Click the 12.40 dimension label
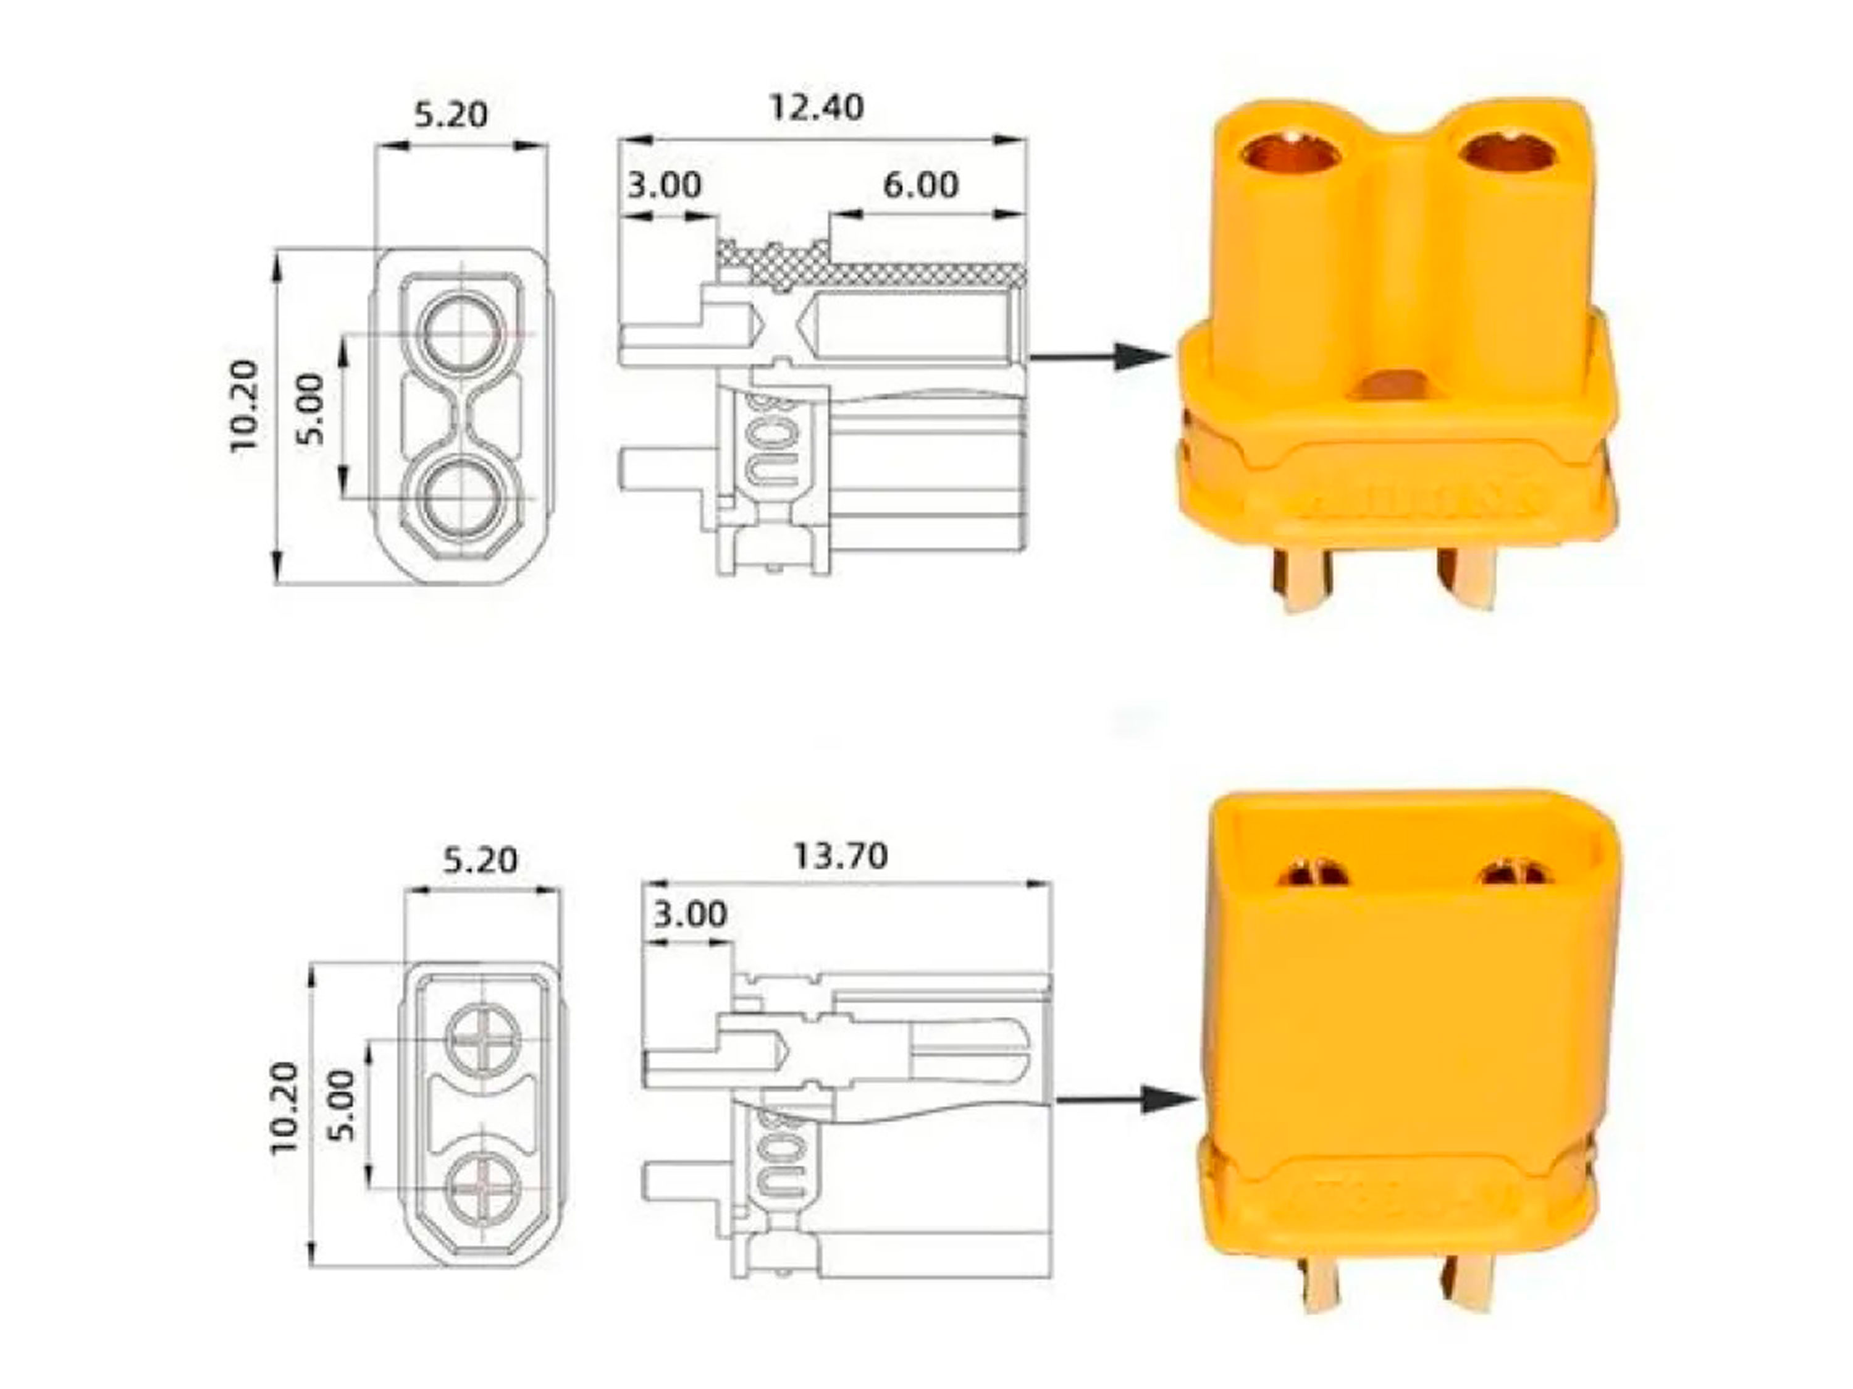point(816,108)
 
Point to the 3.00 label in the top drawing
point(664,185)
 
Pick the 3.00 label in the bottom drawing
point(689,914)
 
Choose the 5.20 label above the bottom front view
point(480,860)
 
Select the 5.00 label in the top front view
point(311,410)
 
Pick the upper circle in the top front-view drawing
point(463,334)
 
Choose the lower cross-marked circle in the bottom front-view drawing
point(484,1189)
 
